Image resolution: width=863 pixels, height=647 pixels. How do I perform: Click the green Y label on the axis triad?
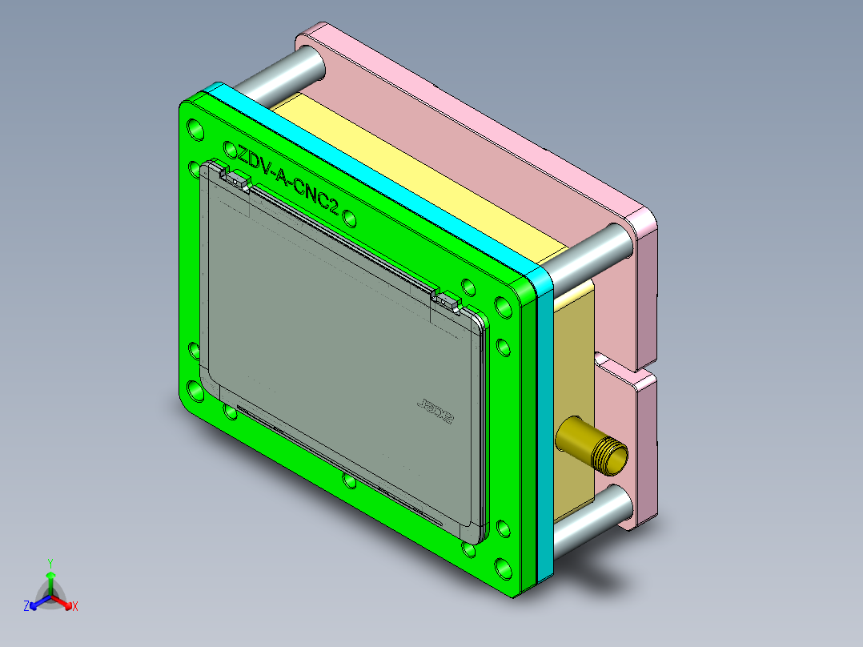50,562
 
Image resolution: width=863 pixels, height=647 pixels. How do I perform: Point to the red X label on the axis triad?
74,606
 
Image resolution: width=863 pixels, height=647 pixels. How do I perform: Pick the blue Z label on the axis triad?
26,606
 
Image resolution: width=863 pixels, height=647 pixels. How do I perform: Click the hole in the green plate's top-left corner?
195,127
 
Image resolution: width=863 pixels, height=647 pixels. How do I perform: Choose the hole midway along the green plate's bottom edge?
349,480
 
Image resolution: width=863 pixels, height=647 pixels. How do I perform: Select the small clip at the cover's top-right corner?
448,301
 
